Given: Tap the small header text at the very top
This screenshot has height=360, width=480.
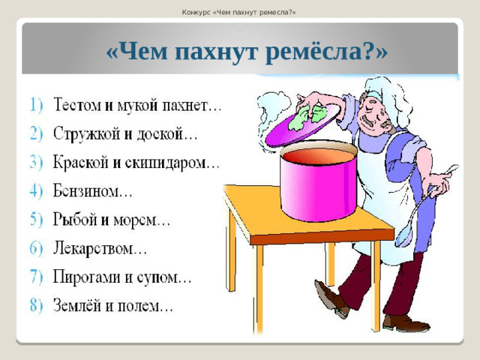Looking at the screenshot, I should click(239, 11).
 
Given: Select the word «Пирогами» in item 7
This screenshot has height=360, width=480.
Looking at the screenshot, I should click(89, 277).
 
